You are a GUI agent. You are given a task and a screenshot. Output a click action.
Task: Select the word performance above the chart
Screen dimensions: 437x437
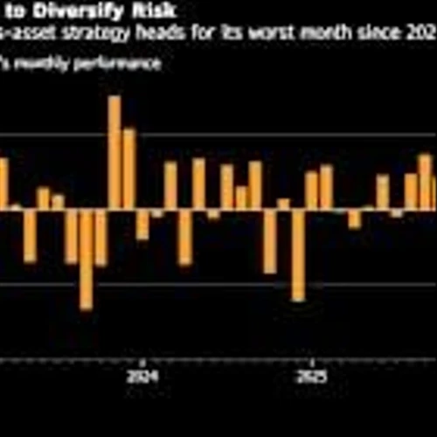[x=118, y=64]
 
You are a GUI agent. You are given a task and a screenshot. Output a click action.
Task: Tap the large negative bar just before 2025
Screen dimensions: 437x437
[x=298, y=254]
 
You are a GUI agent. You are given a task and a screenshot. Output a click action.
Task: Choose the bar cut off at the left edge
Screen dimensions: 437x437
[x=3, y=184]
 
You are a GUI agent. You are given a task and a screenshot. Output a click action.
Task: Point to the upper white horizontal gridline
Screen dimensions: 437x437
[x=218, y=134]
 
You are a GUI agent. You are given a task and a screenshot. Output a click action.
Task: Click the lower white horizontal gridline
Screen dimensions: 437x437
[x=218, y=284]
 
